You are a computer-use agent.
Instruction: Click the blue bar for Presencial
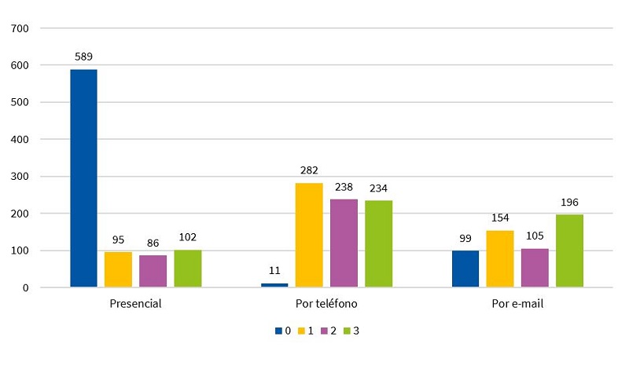[83, 178]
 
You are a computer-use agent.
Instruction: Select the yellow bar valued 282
[309, 235]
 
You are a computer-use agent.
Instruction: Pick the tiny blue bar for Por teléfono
[274, 285]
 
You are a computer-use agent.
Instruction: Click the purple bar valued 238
[344, 243]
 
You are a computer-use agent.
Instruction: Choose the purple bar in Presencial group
[153, 271]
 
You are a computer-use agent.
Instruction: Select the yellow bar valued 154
[499, 258]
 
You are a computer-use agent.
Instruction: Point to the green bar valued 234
[378, 243]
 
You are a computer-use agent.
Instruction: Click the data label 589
[83, 57]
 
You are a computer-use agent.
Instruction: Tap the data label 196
[569, 203]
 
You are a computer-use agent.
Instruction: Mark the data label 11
[274, 271]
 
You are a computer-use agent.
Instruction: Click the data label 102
[187, 237]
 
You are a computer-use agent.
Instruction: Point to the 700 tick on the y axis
[20, 28]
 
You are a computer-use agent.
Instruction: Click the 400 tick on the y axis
[20, 139]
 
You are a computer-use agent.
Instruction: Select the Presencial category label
[135, 303]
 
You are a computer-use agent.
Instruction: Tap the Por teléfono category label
[326, 303]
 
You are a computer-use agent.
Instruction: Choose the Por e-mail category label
[517, 303]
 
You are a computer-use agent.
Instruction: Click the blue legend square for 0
[278, 331]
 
